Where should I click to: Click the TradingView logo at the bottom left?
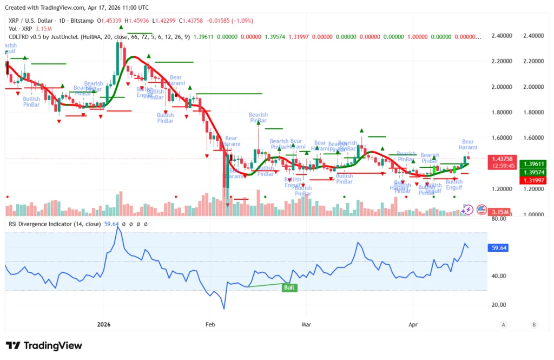click(x=44, y=345)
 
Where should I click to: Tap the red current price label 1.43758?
click(x=503, y=159)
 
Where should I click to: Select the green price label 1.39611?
click(x=532, y=163)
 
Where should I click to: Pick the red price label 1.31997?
click(x=532, y=180)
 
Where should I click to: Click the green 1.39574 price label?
click(x=532, y=172)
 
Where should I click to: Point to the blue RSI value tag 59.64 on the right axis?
click(x=499, y=248)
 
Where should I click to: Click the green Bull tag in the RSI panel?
click(x=289, y=287)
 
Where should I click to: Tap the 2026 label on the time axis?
click(x=103, y=325)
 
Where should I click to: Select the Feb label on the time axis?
click(x=210, y=325)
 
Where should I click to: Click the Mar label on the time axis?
click(x=306, y=325)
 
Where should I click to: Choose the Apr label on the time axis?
click(x=413, y=325)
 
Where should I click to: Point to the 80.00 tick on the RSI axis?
click(x=499, y=219)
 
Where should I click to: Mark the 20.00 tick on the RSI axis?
click(x=499, y=305)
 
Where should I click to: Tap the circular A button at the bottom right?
click(x=504, y=325)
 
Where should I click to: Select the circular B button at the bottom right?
click(x=534, y=325)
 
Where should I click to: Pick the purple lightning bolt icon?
click(x=467, y=210)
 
